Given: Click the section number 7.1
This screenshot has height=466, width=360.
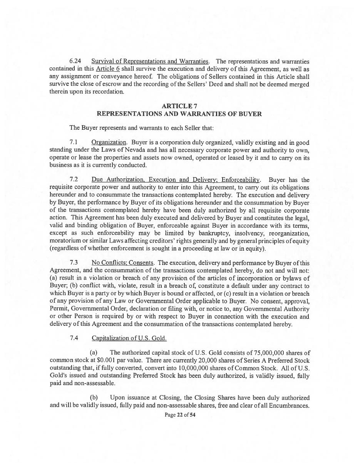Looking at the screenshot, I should click(74, 142).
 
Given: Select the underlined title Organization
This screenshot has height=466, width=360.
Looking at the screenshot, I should click(109, 142).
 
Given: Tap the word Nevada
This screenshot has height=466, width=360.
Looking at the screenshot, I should click(149, 150).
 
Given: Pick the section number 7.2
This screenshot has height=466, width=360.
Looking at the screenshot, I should click(74, 180).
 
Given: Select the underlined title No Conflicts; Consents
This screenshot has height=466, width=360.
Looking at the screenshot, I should click(123, 263).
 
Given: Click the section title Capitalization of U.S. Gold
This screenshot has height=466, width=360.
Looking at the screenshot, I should click(129, 338).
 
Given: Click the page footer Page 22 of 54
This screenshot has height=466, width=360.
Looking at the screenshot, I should click(180, 415).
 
